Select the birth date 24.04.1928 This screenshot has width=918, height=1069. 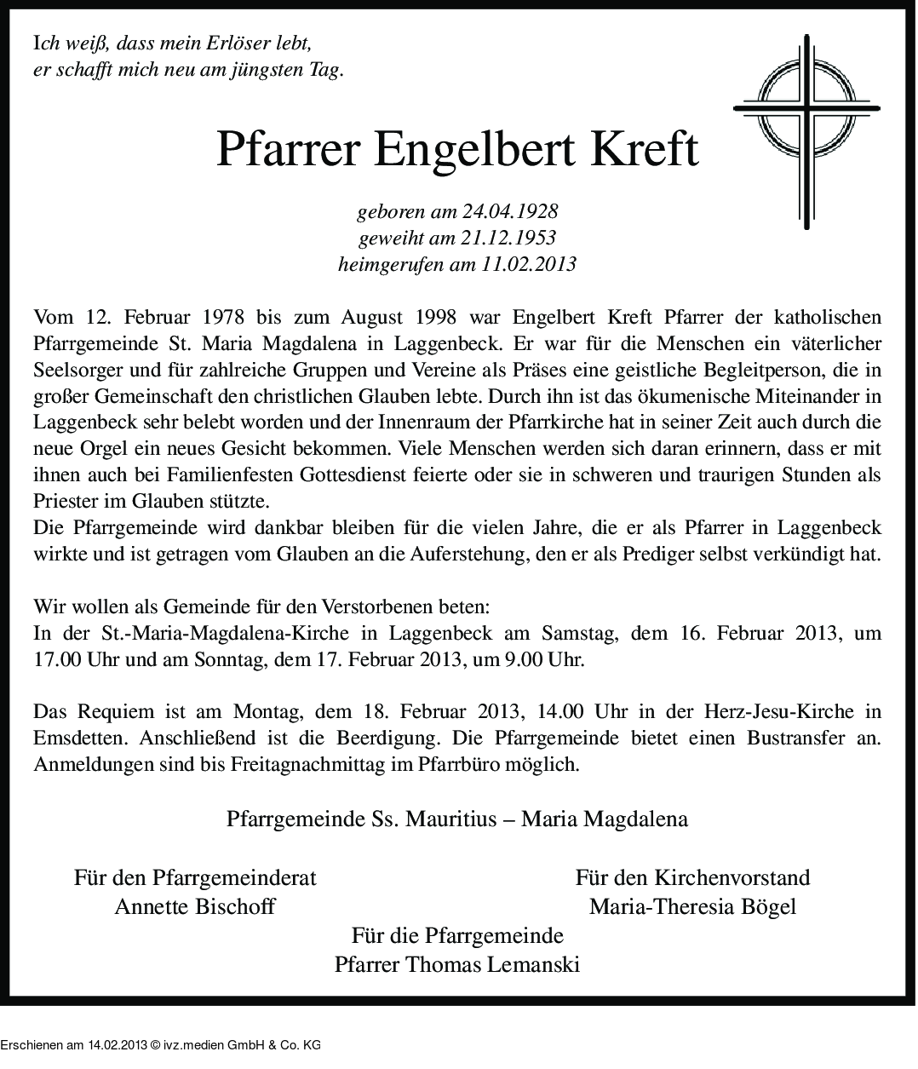[509, 211]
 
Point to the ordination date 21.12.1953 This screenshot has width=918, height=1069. [508, 238]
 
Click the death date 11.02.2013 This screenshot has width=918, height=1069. [528, 264]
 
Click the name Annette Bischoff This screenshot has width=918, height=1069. [194, 906]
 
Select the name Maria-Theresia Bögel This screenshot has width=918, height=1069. [691, 906]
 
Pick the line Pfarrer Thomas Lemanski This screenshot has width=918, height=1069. [457, 965]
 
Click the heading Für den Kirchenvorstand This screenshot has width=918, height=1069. [691, 877]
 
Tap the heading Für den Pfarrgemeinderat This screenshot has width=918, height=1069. [195, 877]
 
